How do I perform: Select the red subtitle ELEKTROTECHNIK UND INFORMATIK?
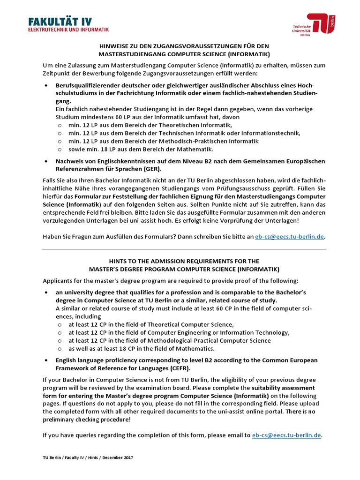[x=68, y=29]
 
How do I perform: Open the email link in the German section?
[x=289, y=237]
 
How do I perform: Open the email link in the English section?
[x=287, y=435]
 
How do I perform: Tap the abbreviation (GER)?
[x=150, y=169]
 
